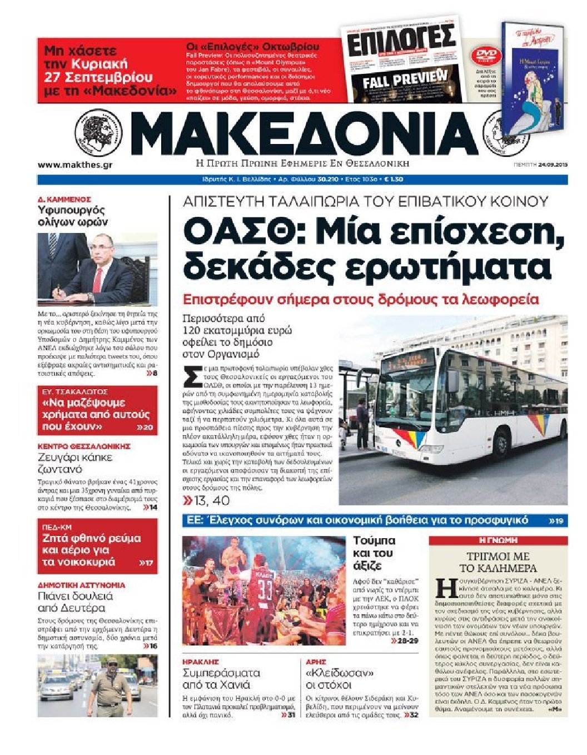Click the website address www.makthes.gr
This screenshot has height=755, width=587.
click(x=75, y=165)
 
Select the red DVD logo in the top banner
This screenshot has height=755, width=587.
click(x=485, y=56)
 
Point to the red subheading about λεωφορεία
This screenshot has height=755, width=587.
click(x=361, y=300)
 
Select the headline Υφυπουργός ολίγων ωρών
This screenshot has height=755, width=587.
click(x=72, y=216)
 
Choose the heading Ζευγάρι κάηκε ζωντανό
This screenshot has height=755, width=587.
click(x=75, y=463)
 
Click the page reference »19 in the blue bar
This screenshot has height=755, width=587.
click(x=556, y=521)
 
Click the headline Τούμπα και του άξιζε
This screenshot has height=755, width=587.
click(x=374, y=553)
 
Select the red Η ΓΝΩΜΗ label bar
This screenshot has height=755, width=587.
click(x=498, y=540)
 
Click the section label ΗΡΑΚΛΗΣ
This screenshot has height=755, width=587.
click(x=201, y=662)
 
